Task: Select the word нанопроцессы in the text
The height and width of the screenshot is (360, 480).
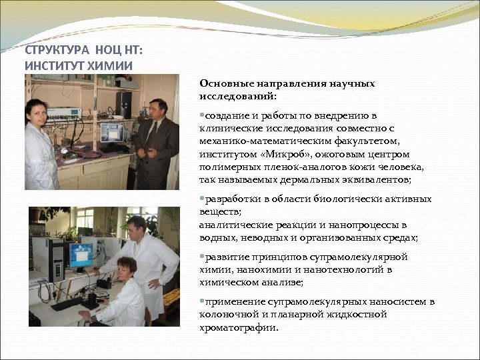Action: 364,225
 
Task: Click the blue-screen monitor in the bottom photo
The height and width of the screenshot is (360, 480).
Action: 82,255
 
